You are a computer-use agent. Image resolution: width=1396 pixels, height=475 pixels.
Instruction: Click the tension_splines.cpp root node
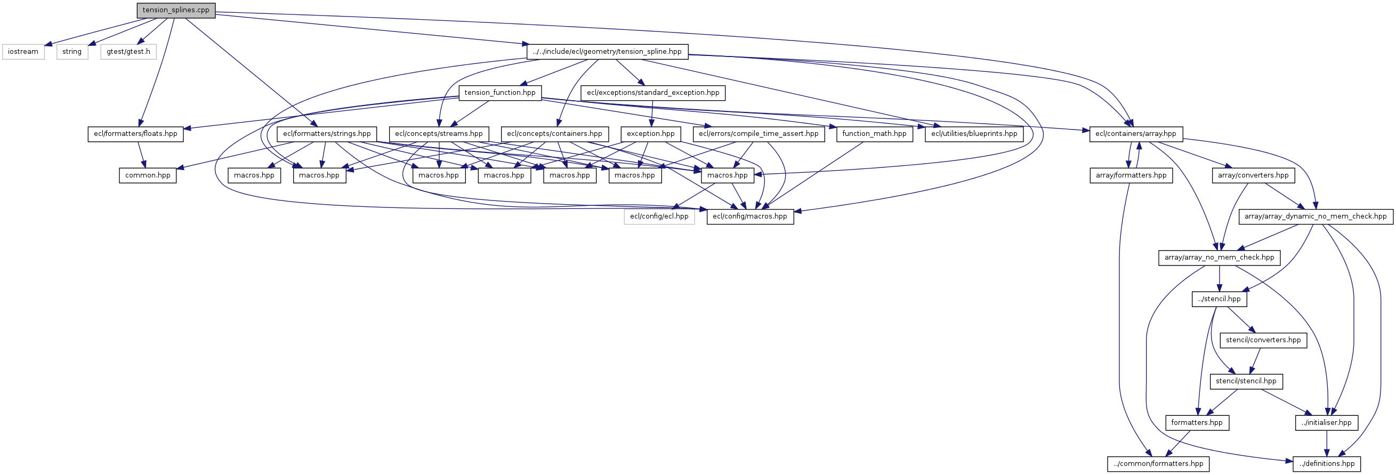click(175, 10)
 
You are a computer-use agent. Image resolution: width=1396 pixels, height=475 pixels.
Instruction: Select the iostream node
click(23, 52)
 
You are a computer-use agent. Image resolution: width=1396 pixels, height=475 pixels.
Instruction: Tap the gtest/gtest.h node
click(128, 52)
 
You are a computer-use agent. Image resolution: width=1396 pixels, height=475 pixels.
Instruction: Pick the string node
click(72, 52)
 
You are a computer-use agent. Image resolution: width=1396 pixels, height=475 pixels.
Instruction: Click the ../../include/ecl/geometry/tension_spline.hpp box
click(608, 52)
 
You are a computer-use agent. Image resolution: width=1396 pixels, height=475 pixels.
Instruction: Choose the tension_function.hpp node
click(499, 93)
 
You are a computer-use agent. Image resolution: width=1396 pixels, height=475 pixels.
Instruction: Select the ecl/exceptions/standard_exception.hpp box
click(653, 93)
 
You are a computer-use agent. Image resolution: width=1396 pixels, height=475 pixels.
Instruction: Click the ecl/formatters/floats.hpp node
click(135, 134)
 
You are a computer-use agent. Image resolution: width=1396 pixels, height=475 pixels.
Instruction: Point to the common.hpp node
click(148, 175)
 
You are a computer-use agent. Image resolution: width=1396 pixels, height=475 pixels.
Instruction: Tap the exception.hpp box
click(650, 134)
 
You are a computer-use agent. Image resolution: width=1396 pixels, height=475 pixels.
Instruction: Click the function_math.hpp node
click(874, 134)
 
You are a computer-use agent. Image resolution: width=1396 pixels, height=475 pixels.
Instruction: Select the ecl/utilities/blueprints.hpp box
click(974, 134)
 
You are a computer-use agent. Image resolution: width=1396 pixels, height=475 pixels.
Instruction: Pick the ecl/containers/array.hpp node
click(1136, 134)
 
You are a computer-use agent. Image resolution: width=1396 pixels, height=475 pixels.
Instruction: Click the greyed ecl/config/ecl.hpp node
click(659, 216)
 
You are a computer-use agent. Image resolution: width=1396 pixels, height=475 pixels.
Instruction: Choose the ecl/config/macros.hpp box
click(750, 216)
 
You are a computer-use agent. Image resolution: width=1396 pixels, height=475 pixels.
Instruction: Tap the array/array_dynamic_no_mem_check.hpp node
click(1316, 216)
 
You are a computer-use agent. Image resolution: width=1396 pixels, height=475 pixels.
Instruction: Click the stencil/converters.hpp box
click(1263, 340)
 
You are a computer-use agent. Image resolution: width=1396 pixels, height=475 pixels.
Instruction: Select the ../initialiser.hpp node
click(1327, 422)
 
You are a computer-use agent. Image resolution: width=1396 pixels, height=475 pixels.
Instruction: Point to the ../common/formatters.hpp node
click(1158, 464)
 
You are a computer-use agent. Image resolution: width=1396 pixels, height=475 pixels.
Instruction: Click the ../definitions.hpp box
click(1327, 464)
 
